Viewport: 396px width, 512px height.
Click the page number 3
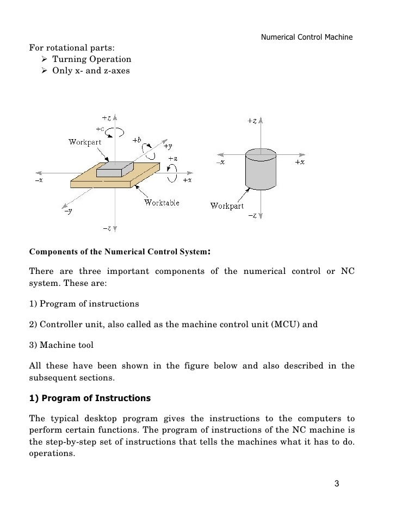click(x=337, y=484)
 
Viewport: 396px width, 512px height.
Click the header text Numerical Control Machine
click(x=307, y=38)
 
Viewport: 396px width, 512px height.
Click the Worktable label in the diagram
click(x=162, y=203)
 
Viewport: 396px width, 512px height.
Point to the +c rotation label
click(x=100, y=129)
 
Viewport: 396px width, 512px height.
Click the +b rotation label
click(x=136, y=140)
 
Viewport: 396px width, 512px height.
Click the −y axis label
click(x=67, y=211)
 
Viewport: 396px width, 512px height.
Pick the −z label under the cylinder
click(x=252, y=216)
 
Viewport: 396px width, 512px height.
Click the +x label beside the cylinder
click(x=300, y=162)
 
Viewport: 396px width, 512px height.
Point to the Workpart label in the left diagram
click(x=84, y=142)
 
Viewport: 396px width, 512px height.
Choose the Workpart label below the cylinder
click(x=227, y=205)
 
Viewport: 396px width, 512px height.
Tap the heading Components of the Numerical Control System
click(x=117, y=252)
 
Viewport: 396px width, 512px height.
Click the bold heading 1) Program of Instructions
click(x=89, y=398)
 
